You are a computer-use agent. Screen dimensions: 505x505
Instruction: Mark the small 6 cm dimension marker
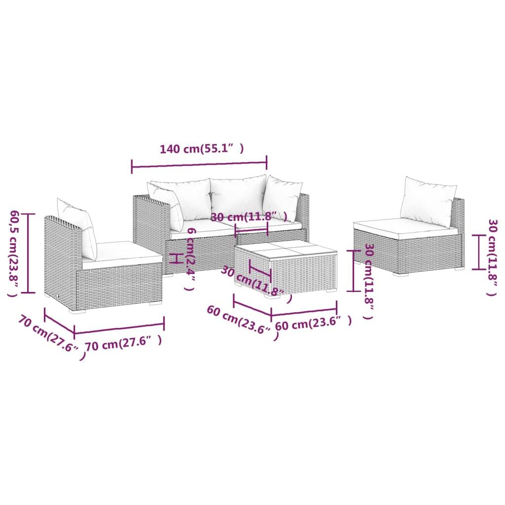(x=173, y=258)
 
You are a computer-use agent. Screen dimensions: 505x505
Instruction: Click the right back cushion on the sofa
(x=282, y=197)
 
